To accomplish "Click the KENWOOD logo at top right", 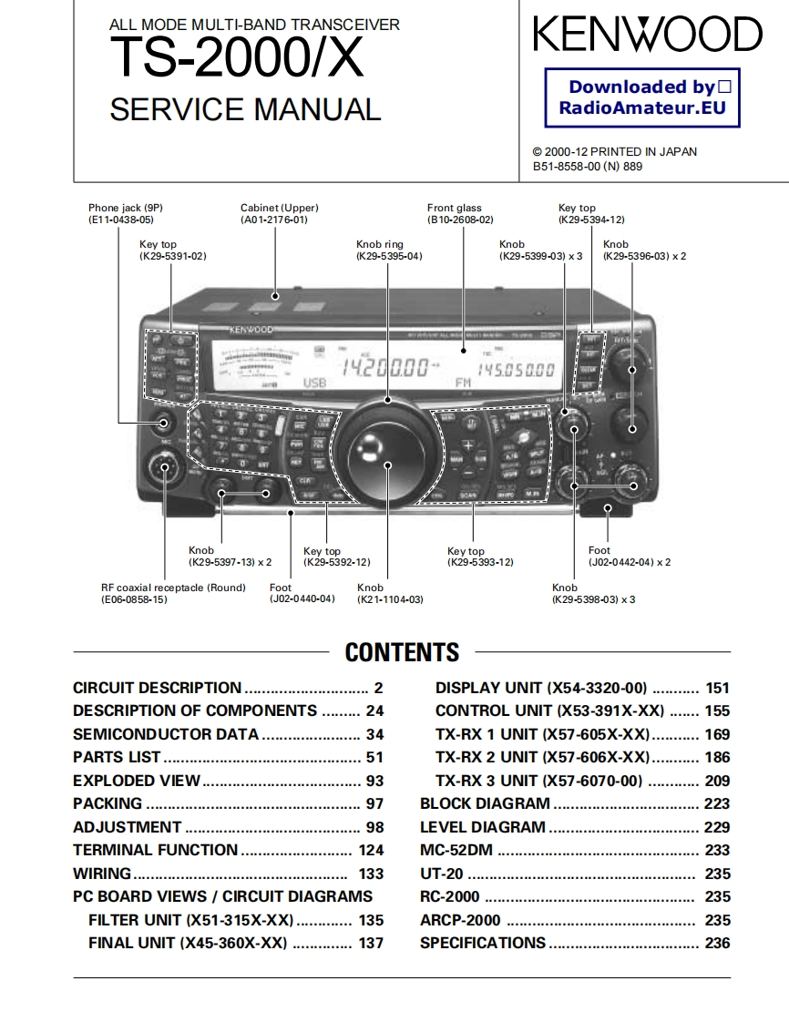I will coord(647,35).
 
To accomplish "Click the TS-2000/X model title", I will coord(236,60).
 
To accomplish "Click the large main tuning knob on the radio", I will coord(386,453).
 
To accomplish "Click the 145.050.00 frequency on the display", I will coord(516,369).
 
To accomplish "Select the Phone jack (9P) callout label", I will coord(126,208).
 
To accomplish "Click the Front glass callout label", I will coord(454,208).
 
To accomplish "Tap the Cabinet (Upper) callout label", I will coord(279,208).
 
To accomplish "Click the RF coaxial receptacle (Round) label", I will coord(173,588).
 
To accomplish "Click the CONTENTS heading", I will coord(402,652).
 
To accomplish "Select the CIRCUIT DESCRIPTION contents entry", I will coord(158,688).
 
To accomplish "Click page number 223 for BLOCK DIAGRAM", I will coord(717,803).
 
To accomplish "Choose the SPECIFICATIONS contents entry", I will coord(483,943).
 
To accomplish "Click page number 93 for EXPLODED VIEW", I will coord(374,781).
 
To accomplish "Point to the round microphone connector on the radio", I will coord(165,469).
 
